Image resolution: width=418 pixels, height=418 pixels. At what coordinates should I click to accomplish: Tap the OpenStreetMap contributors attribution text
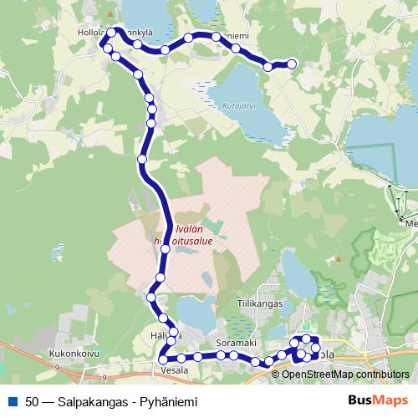(x=344, y=374)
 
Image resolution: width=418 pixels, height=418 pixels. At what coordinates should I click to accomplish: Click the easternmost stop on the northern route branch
(x=292, y=64)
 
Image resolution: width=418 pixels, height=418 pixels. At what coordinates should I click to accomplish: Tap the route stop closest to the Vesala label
(x=163, y=359)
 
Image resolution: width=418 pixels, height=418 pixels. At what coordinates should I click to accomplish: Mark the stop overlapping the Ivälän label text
(x=167, y=247)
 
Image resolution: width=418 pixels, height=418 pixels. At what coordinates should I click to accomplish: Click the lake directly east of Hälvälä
(x=197, y=313)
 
